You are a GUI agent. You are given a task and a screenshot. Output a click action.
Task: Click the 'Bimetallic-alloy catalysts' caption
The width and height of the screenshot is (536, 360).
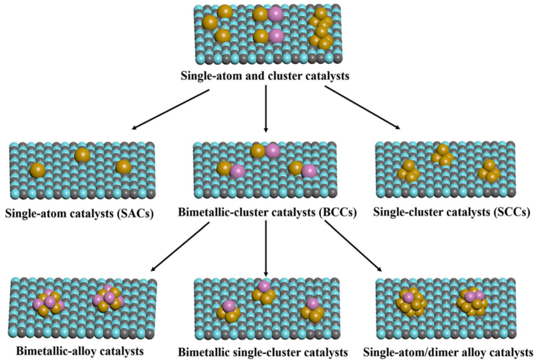(x=80, y=350)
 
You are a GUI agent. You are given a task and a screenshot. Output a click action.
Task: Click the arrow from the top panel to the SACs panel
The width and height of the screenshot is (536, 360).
(x=170, y=110)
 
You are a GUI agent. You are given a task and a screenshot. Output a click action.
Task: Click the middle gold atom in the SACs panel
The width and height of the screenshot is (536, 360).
(x=82, y=155)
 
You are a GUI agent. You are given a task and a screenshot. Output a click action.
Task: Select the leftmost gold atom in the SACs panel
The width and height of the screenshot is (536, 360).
(x=38, y=170)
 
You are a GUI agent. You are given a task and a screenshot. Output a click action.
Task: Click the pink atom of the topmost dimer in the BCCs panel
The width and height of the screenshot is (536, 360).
(x=272, y=151)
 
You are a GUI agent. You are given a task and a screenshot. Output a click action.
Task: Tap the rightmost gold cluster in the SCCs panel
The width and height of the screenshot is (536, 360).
(x=488, y=171)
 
